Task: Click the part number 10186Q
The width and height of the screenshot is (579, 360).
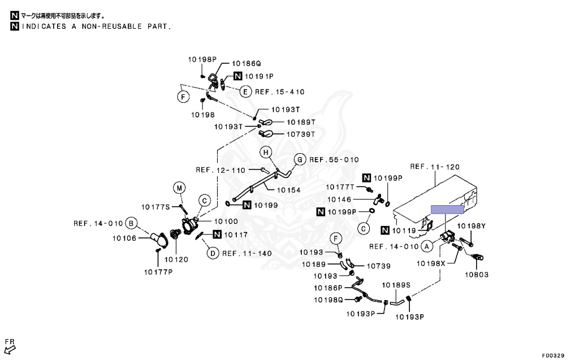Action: [247, 64]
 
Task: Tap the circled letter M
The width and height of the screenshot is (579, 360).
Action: [179, 188]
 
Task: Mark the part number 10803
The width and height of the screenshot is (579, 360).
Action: [477, 275]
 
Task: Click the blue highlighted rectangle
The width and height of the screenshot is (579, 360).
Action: [447, 210]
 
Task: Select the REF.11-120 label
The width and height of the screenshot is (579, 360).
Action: [435, 167]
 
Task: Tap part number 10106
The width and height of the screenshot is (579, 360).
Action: [124, 238]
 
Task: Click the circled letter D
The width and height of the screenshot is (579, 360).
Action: [213, 253]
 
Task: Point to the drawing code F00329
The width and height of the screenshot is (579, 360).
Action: [553, 355]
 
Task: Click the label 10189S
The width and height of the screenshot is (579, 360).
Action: [396, 285]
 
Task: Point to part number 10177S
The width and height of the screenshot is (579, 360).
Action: [155, 207]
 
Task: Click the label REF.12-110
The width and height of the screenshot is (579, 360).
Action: [221, 170]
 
